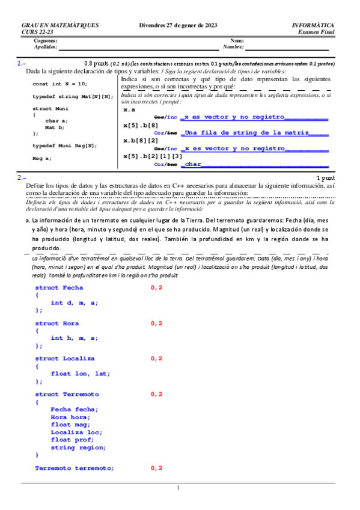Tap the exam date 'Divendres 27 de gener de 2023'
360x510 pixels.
click(178, 25)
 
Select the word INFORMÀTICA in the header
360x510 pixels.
click(313, 25)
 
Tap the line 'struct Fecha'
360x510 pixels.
click(59, 287)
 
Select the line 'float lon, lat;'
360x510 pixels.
click(81, 373)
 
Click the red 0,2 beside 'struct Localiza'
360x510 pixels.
click(156, 358)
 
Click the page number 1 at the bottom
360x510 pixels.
click(178, 488)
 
